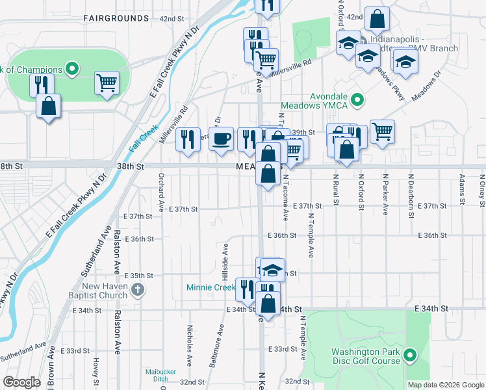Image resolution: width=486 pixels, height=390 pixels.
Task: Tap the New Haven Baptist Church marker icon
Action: pos(137,290)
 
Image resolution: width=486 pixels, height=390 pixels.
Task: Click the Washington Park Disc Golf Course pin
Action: pos(409,355)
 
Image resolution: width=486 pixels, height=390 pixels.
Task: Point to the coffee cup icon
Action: pos(222,138)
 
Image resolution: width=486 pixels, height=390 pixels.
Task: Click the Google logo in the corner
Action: pos(21,382)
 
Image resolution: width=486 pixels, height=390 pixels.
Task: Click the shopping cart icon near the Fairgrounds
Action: pos(107,83)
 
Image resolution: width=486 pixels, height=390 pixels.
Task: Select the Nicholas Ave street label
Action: pos(190,341)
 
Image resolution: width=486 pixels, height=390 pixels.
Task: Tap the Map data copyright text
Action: pos(445,385)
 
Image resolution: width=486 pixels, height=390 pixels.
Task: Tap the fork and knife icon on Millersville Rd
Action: pos(188,138)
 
